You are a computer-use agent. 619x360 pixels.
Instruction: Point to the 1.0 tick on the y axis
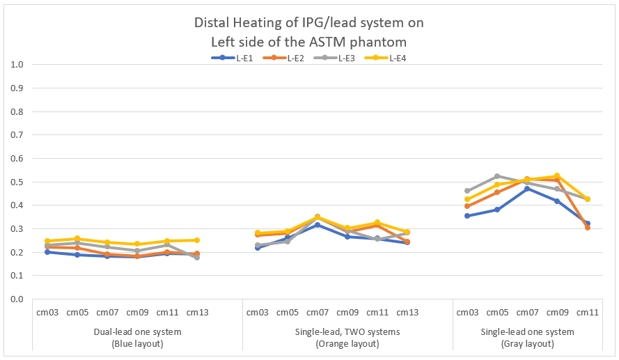(x=17, y=65)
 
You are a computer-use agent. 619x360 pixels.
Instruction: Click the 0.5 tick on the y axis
(x=17, y=182)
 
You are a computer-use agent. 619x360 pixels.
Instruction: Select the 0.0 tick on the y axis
(x=17, y=299)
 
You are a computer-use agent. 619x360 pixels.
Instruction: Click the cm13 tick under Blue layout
(x=197, y=313)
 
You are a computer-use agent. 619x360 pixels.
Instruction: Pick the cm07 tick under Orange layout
(x=318, y=313)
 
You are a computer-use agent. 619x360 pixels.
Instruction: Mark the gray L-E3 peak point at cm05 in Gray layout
(x=497, y=176)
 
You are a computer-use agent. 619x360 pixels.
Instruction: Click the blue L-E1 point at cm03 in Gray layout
(x=467, y=216)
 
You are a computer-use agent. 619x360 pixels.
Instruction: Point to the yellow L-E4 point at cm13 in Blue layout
(x=197, y=240)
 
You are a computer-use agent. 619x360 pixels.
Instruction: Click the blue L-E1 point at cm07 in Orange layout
(x=318, y=225)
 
